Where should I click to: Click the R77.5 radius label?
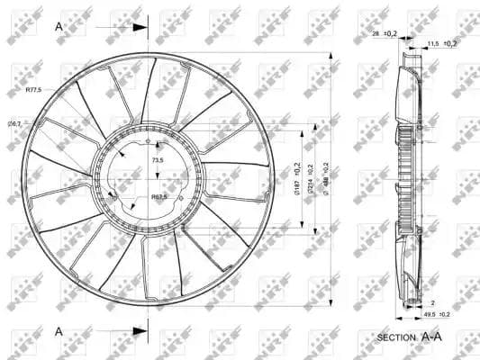tap(33, 90)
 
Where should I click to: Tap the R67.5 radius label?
tap(160, 196)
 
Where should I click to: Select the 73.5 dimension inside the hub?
tap(158, 159)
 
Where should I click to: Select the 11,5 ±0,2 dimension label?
tap(441, 43)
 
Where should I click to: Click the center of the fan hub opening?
tap(151, 177)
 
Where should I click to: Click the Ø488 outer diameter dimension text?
tap(324, 177)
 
